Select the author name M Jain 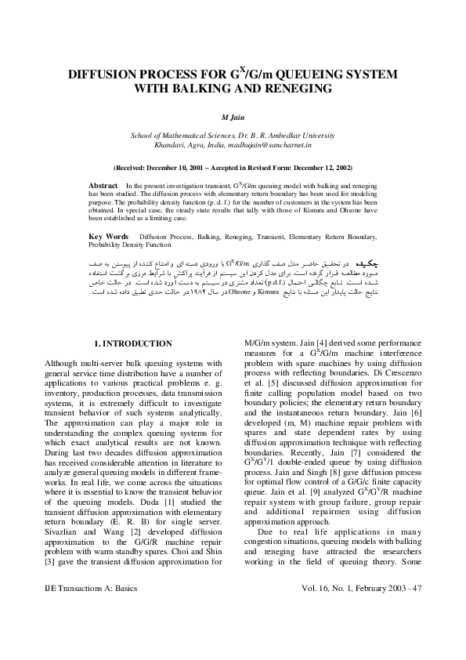point(233,118)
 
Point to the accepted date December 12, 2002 point(316,168)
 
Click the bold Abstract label point(103,183)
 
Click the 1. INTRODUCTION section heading point(132,343)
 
